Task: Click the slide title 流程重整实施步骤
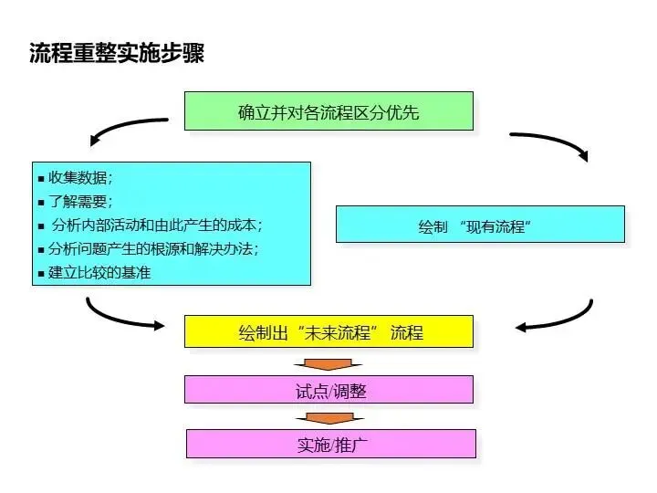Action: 117,53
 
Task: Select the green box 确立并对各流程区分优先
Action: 328,111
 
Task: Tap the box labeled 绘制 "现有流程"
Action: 480,225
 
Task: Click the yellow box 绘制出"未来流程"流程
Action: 328,331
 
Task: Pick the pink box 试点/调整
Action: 328,390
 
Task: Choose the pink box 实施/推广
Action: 330,444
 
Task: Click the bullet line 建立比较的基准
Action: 99,272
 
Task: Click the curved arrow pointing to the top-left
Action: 128,129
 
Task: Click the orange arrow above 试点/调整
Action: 328,362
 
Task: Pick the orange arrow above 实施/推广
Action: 328,418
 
